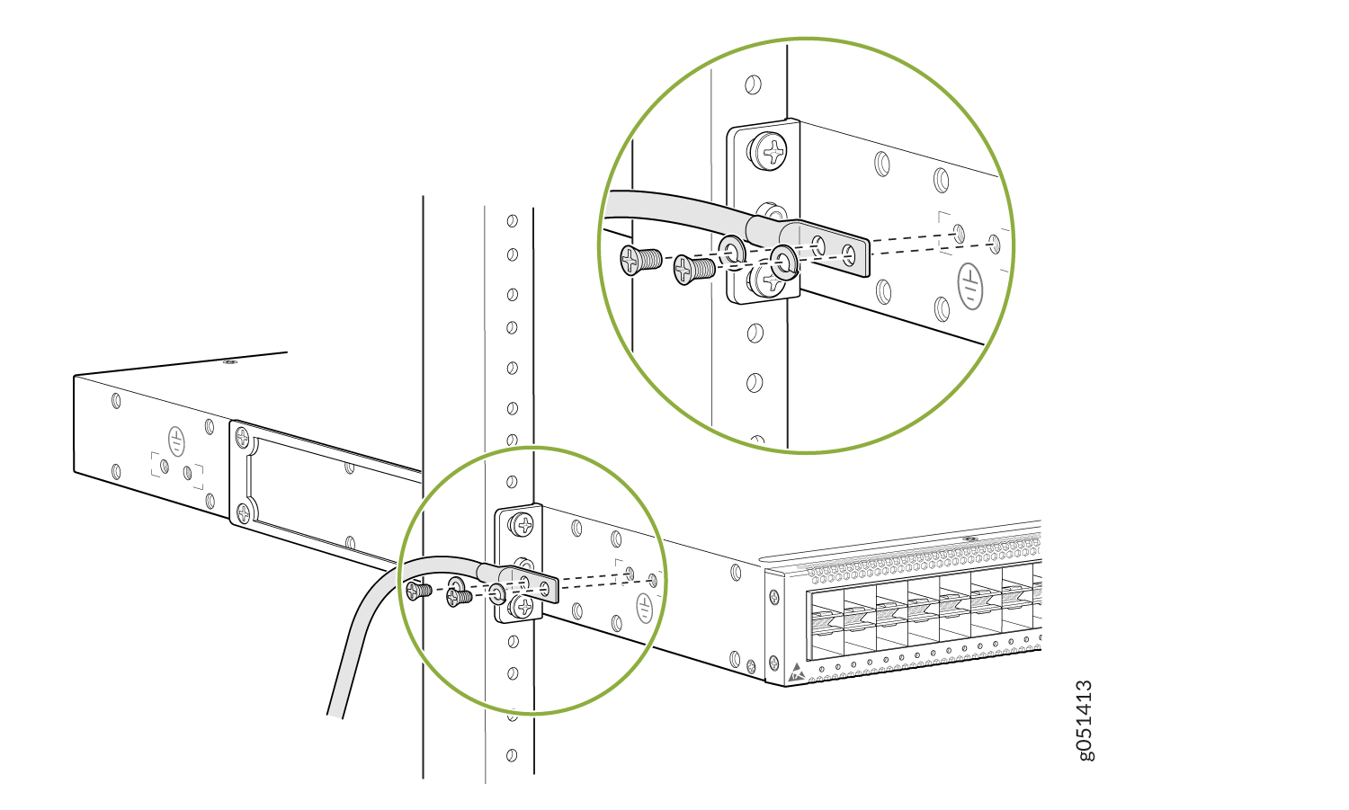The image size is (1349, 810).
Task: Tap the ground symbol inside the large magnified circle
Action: click(970, 287)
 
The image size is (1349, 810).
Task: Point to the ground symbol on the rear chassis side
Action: click(176, 441)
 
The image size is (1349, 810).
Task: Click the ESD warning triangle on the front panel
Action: click(796, 672)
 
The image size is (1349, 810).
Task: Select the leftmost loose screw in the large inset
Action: click(640, 261)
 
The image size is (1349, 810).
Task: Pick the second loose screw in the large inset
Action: click(693, 269)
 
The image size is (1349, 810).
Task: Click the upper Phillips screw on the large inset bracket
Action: click(767, 151)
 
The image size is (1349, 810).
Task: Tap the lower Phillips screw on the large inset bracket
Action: click(766, 280)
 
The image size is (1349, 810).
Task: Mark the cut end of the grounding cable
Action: click(335, 717)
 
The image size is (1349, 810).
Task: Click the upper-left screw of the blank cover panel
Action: click(242, 437)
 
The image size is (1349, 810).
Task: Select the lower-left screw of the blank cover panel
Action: click(244, 512)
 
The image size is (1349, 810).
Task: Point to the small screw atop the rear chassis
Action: click(229, 362)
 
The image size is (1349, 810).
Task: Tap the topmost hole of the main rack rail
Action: click(513, 221)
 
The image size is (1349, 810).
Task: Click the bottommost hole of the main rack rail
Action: click(512, 755)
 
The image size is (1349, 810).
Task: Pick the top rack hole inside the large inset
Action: click(753, 85)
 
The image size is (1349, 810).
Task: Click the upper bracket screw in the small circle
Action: click(523, 524)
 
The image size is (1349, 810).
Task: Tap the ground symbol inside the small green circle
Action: click(645, 608)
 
